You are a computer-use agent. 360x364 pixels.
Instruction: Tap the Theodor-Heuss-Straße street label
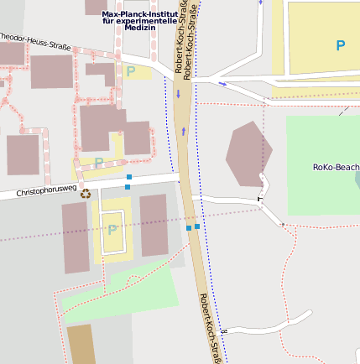34,39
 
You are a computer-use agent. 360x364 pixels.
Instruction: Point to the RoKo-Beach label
335,167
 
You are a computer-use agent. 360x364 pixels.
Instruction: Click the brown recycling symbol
86,194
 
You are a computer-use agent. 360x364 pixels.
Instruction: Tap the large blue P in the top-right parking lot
340,45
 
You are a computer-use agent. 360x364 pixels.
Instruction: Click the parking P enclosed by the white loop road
112,230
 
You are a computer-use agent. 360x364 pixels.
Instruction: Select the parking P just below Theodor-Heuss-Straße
130,72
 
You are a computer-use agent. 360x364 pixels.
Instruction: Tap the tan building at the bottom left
81,344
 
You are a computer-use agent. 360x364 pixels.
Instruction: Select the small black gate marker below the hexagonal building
259,200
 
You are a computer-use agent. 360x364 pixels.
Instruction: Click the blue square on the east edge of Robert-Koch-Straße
197,226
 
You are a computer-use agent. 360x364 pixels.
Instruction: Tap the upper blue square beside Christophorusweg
128,177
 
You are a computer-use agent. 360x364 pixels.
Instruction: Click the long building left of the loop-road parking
75,237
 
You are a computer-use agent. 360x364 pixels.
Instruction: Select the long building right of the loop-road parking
153,225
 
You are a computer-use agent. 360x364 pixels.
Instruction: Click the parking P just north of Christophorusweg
99,162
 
